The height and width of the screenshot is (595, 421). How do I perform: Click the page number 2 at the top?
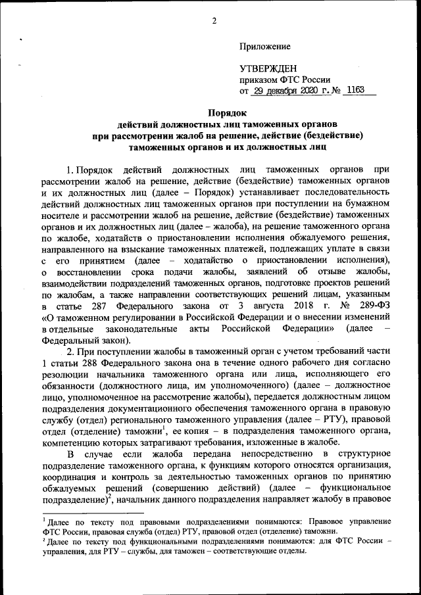tap(214, 20)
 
